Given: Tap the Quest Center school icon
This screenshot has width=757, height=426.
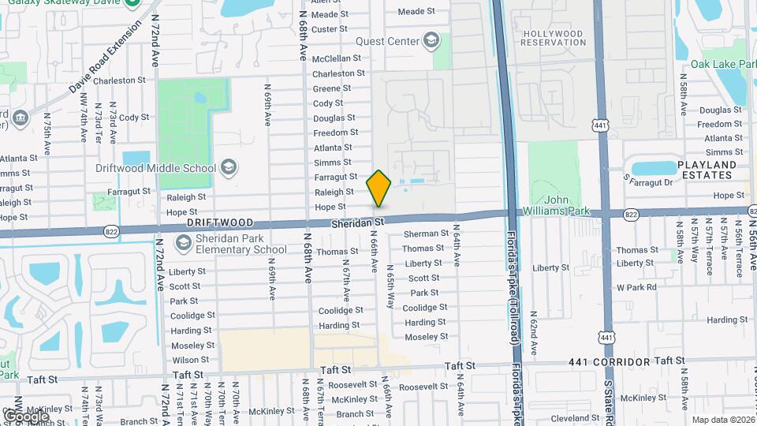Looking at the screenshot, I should (431, 40).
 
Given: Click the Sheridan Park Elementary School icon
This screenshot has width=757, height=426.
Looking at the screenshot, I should (184, 243).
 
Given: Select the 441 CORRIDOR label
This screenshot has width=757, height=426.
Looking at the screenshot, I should (610, 362).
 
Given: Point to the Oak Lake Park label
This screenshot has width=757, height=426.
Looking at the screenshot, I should (723, 64).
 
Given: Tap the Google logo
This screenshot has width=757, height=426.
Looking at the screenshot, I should (26, 416).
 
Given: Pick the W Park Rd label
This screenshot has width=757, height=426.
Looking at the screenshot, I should (636, 287).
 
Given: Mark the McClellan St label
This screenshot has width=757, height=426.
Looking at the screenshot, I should (337, 58).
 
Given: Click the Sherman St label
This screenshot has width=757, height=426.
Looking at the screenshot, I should (426, 234).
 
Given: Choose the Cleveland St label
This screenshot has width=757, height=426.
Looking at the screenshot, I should (570, 418).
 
